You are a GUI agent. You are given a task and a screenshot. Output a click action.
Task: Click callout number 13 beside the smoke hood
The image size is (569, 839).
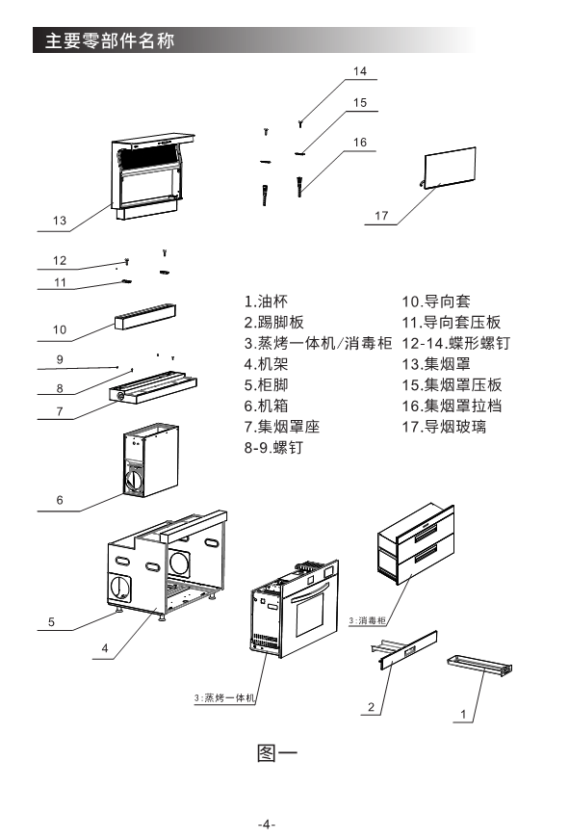[60, 221]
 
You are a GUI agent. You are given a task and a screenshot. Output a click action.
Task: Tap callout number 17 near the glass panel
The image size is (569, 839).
[381, 216]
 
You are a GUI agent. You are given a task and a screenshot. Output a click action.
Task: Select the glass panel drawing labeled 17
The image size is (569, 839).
[450, 168]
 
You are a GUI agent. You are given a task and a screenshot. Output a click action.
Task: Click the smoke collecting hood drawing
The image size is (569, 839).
[152, 176]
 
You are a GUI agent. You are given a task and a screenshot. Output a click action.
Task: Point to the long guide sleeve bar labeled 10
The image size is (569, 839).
[145, 317]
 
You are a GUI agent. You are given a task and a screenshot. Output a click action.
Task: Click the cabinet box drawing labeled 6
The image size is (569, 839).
[151, 460]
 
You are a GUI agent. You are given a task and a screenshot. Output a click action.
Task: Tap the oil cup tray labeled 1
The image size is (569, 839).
[479, 664]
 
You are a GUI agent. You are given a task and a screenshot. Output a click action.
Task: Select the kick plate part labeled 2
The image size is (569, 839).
[404, 649]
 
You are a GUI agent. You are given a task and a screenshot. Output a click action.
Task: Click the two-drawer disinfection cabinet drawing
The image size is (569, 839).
[417, 543]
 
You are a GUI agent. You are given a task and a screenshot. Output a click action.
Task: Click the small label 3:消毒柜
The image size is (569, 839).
[367, 620]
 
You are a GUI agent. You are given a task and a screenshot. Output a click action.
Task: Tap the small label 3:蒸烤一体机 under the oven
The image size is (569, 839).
[224, 697]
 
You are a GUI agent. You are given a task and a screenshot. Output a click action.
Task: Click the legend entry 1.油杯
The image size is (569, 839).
[266, 302]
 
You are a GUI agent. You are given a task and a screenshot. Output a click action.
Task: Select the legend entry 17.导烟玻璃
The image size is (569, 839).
[444, 427]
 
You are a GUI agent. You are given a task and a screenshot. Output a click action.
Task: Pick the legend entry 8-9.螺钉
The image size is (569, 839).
[273, 447]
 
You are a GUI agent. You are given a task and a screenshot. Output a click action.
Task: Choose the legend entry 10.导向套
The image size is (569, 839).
[436, 302]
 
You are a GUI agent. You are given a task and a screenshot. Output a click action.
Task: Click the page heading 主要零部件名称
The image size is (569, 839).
[109, 40]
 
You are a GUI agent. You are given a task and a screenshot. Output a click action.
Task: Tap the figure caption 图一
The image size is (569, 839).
[276, 753]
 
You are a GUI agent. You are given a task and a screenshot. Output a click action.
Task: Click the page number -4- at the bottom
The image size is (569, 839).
[267, 824]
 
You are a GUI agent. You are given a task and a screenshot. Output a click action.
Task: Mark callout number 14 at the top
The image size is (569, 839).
[360, 71]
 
